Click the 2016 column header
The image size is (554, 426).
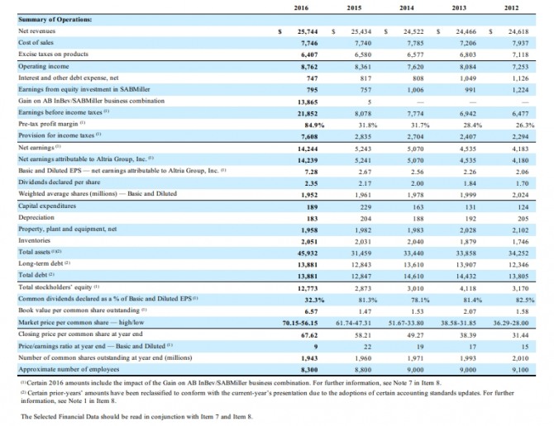[301, 7]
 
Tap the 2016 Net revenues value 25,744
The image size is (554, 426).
[308, 30]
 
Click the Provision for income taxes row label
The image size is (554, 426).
[51, 135]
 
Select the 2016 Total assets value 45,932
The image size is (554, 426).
[308, 251]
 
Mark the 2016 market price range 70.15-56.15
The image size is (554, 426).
[301, 321]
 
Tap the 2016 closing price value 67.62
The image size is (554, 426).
[309, 333]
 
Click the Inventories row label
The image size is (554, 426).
[33, 239]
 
